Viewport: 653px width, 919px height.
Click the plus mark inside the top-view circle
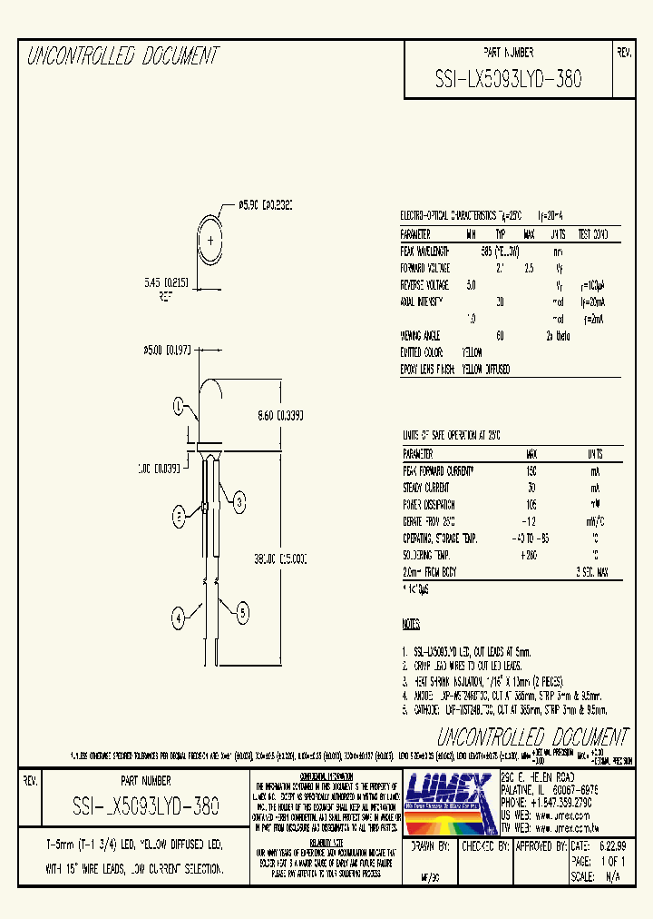[211, 241]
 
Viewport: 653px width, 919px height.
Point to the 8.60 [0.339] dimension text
[279, 415]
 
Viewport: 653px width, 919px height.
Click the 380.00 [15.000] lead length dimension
[279, 557]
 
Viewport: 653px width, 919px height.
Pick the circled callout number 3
[239, 501]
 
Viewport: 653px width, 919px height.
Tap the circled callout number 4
[180, 618]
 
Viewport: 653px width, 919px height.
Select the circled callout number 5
[243, 613]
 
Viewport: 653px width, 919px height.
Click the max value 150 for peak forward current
[531, 471]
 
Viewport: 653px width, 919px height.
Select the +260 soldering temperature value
[531, 553]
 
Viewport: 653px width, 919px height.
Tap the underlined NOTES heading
[411, 625]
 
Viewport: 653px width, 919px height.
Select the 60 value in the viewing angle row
[500, 336]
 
